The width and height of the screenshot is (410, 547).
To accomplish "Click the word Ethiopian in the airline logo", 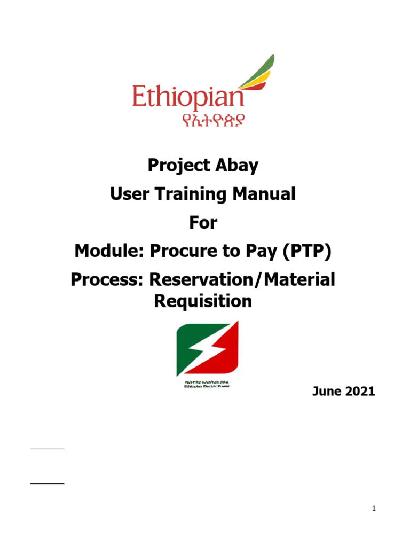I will pyautogui.click(x=188, y=99).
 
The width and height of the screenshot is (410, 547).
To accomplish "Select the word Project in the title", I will pyautogui.click(x=177, y=166).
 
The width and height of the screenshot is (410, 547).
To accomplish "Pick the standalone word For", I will pyautogui.click(x=203, y=223).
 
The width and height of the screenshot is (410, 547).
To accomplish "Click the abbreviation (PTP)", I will pyautogui.click(x=305, y=251).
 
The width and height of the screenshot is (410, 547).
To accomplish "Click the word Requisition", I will pyautogui.click(x=202, y=302).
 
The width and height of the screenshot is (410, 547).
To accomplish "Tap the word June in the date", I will pyautogui.click(x=327, y=392).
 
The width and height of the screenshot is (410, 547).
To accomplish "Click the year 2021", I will pyautogui.click(x=360, y=392).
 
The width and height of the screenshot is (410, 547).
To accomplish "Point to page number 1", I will pyautogui.click(x=374, y=509).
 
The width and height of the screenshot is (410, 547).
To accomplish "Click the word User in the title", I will pyautogui.click(x=127, y=194).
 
